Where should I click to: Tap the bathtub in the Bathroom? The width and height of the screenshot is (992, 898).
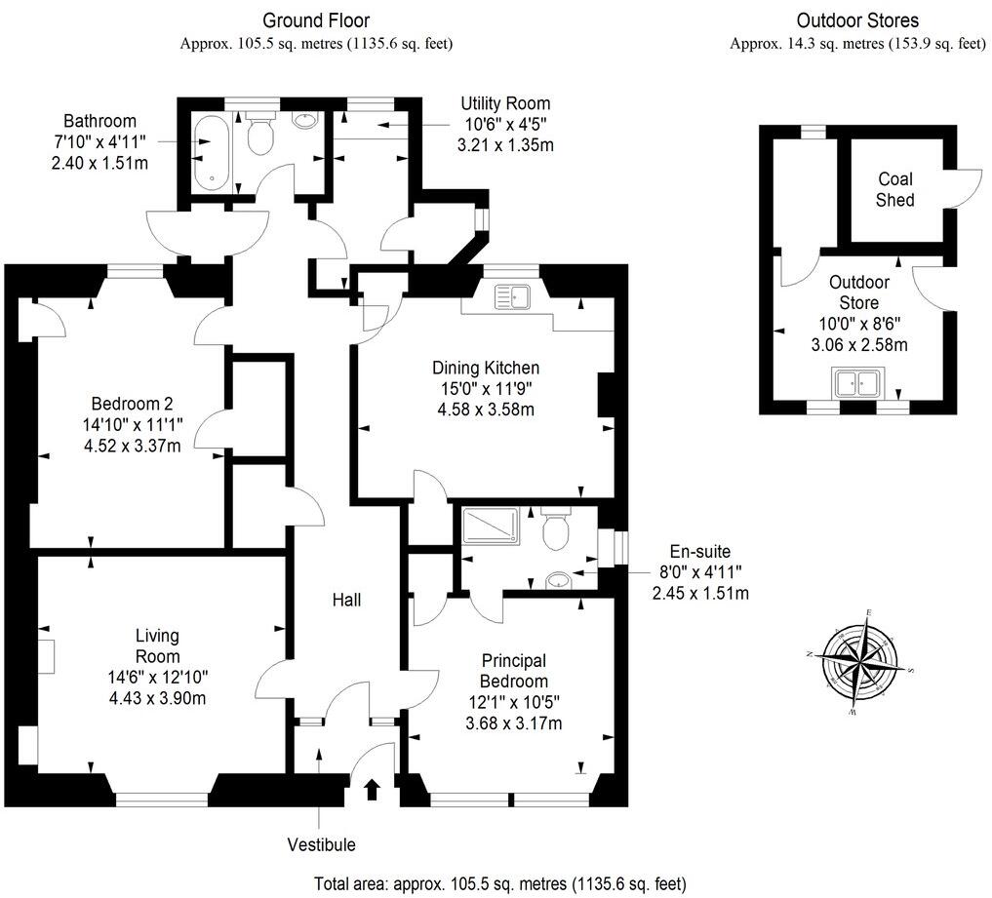click(211, 154)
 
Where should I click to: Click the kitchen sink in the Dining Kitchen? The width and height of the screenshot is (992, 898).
click(512, 294)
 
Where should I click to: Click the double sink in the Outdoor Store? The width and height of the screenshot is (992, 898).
click(857, 383)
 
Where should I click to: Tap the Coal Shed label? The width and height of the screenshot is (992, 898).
click(894, 189)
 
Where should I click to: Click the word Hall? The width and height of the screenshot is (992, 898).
click(346, 600)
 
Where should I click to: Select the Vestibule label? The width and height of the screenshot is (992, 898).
click(321, 844)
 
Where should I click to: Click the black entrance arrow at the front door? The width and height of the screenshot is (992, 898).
click(371, 788)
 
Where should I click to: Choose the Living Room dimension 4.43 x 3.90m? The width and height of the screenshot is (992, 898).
click(157, 697)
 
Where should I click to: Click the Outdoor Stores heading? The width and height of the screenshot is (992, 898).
click(857, 20)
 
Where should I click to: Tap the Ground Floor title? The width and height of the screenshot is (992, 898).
click(316, 20)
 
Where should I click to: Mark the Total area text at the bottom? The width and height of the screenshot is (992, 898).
click(499, 883)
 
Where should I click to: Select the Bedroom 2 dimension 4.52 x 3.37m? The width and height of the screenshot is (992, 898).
click(133, 446)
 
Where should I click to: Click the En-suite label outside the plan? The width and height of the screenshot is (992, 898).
click(700, 551)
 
